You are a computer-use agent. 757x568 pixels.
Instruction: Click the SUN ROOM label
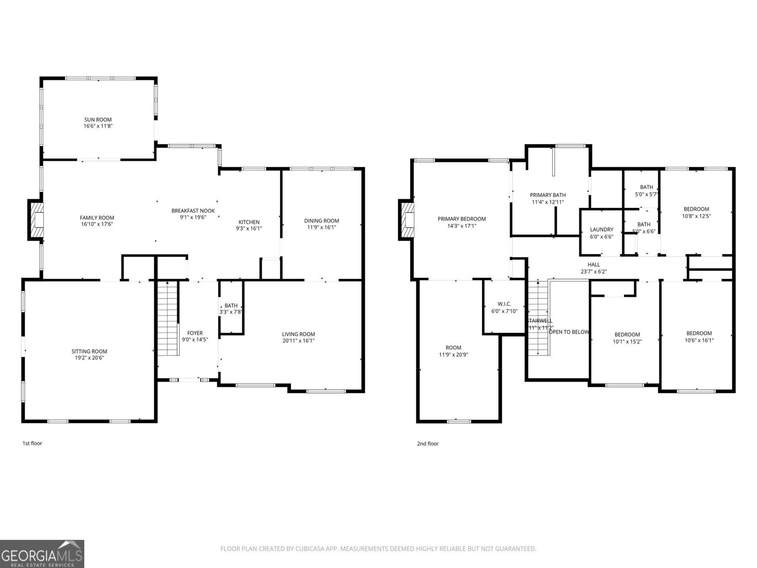pyautogui.click(x=98, y=120)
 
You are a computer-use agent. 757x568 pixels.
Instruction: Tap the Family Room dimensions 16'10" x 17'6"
pyautogui.click(x=97, y=224)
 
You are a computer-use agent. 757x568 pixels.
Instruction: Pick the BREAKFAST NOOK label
pyautogui.click(x=193, y=211)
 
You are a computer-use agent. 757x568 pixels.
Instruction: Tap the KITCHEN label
pyautogui.click(x=249, y=222)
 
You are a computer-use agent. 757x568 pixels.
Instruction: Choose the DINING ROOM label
pyautogui.click(x=321, y=221)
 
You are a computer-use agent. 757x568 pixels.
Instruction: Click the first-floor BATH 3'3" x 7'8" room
pyautogui.click(x=231, y=309)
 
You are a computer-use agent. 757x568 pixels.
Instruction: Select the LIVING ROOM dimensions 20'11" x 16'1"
pyautogui.click(x=299, y=340)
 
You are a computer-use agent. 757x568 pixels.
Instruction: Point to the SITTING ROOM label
pyautogui.click(x=89, y=351)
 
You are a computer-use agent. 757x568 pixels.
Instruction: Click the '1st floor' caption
pyautogui.click(x=32, y=444)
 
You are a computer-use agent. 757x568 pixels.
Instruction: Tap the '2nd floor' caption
pyautogui.click(x=428, y=444)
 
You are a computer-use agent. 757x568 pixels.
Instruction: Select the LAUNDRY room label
pyautogui.click(x=601, y=230)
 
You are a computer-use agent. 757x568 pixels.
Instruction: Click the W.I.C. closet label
pyautogui.click(x=504, y=304)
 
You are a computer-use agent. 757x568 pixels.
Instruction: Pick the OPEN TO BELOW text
pyautogui.click(x=569, y=332)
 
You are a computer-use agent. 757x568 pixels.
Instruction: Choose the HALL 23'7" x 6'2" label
pyautogui.click(x=593, y=268)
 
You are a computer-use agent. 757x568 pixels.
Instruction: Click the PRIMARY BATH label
pyautogui.click(x=547, y=195)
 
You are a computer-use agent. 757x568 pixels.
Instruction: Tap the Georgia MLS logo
pyautogui.click(x=42, y=554)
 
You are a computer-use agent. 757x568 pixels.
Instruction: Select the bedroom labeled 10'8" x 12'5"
pyautogui.click(x=696, y=212)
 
